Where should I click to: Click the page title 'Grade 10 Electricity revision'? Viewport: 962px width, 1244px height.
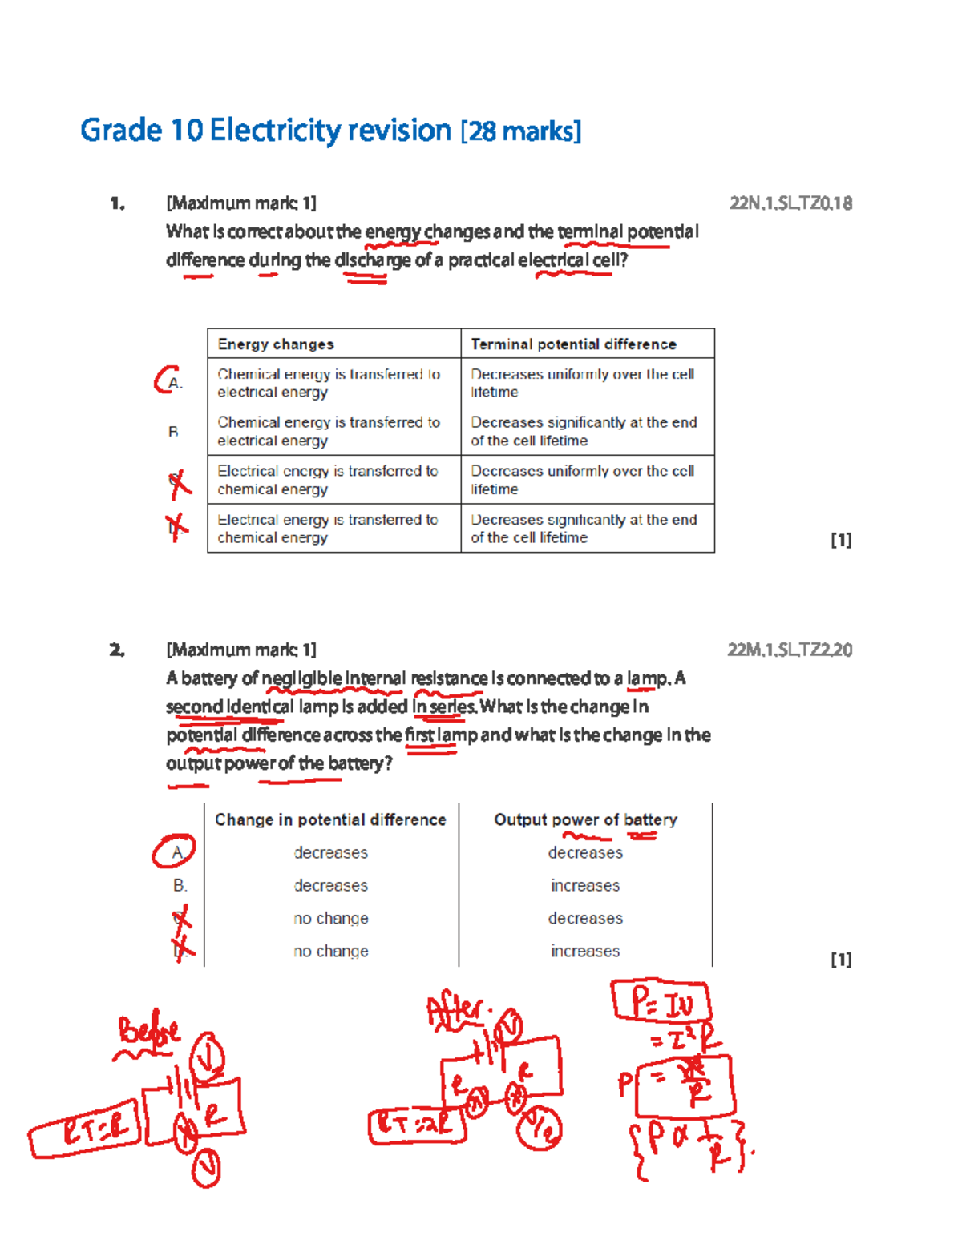[x=266, y=130]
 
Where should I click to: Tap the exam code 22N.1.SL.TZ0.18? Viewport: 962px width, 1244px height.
[x=790, y=203]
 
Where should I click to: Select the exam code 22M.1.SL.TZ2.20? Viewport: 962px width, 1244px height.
[x=790, y=650]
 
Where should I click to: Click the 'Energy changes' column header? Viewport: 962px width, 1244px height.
[x=276, y=344]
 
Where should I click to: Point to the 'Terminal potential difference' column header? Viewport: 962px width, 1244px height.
[x=573, y=344]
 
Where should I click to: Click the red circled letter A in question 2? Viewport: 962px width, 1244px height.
[x=175, y=852]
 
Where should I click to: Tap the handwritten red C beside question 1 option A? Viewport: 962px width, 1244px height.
[x=165, y=380]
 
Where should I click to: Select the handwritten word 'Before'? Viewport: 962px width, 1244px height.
[x=149, y=1033]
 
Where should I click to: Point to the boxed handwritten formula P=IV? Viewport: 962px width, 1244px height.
[x=661, y=1002]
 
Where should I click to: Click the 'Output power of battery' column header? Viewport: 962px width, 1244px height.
[x=585, y=819]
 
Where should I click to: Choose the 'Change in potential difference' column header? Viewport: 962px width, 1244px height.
[x=330, y=819]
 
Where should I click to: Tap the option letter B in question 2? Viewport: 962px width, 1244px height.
[x=180, y=885]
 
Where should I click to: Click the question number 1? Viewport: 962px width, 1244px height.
[x=118, y=203]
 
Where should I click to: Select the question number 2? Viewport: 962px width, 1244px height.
[x=118, y=650]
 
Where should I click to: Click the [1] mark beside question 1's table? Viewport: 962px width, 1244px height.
[x=840, y=540]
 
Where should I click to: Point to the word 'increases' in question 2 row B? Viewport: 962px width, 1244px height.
[x=585, y=885]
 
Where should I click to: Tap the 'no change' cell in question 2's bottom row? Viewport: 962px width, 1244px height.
[x=331, y=951]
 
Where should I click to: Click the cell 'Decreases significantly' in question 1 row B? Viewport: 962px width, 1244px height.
[x=584, y=431]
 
